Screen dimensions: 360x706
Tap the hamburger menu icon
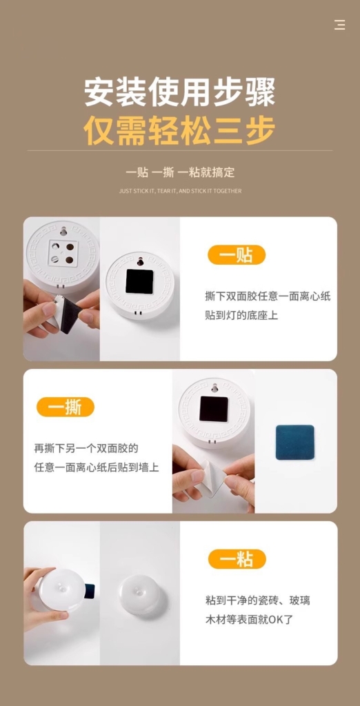point(340,25)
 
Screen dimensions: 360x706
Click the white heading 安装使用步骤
point(180,92)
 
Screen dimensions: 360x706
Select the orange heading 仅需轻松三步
point(180,130)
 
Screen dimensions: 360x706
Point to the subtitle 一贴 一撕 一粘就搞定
point(180,172)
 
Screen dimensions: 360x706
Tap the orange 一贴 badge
point(237,255)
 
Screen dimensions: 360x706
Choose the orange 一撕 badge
point(66,407)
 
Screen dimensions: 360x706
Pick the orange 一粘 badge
point(237,558)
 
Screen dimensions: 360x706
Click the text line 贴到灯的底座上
point(241,315)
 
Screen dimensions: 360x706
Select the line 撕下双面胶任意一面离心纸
point(268,296)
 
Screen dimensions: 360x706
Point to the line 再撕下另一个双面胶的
point(86,448)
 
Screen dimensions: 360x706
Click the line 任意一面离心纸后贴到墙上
point(97,467)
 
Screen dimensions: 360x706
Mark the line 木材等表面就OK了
point(250,619)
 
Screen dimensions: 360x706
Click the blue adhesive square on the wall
point(295,442)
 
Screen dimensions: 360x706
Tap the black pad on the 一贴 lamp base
point(139,282)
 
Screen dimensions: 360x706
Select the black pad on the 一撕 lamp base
point(214,409)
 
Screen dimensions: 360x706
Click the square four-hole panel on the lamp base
point(63,252)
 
